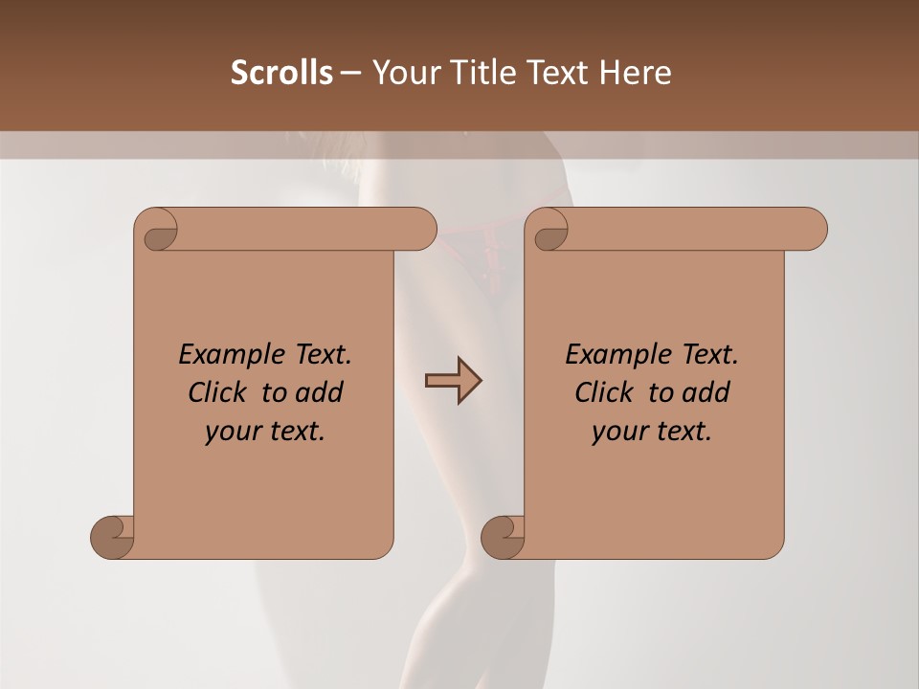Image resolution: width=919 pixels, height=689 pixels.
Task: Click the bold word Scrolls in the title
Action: point(281,72)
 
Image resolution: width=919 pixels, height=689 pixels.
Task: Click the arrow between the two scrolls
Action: point(453,381)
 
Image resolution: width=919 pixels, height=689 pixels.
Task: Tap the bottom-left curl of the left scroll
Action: point(113,536)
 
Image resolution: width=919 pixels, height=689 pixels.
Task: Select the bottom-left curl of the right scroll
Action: point(503,536)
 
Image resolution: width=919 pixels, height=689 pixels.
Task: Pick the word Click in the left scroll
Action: point(218,392)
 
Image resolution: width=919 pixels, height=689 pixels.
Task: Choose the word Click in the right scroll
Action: point(604,392)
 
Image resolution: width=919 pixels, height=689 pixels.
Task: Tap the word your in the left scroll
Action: point(233,432)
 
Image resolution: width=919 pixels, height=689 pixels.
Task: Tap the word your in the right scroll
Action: point(619,432)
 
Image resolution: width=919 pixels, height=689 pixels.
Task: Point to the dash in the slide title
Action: point(350,72)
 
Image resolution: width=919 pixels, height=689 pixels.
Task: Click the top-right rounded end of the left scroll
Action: point(421,229)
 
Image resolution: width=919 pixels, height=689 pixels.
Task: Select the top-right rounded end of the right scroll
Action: point(812,229)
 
